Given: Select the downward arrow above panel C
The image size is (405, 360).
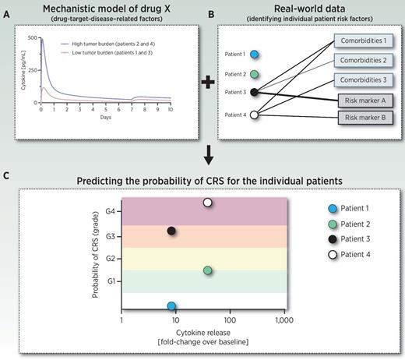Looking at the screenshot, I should click(202, 159).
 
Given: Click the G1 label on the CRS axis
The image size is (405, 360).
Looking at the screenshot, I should click(111, 280).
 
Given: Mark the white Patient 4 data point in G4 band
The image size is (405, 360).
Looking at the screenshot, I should click(207, 203).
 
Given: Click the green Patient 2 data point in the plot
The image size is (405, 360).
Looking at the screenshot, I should click(207, 270).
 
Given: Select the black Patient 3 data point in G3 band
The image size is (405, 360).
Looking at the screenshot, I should click(172, 231).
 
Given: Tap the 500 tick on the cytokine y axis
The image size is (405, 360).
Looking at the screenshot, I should click(31, 37).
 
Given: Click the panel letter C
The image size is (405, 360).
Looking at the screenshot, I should click(7, 175).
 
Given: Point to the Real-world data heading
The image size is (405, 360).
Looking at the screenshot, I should click(305, 9).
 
